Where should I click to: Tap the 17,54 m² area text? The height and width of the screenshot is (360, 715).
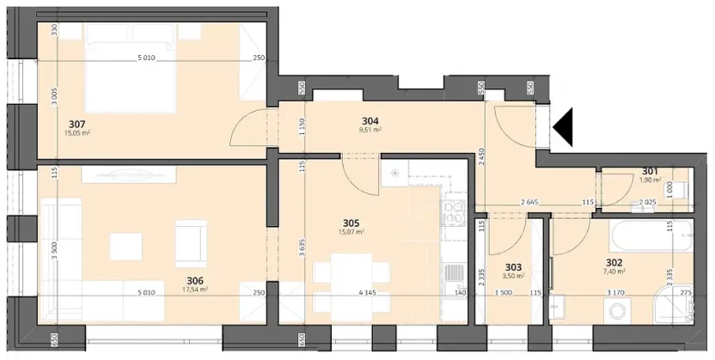click(197, 290)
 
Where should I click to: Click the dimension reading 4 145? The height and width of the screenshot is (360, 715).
click(365, 293)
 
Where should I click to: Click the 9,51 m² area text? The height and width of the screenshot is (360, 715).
click(370, 131)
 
